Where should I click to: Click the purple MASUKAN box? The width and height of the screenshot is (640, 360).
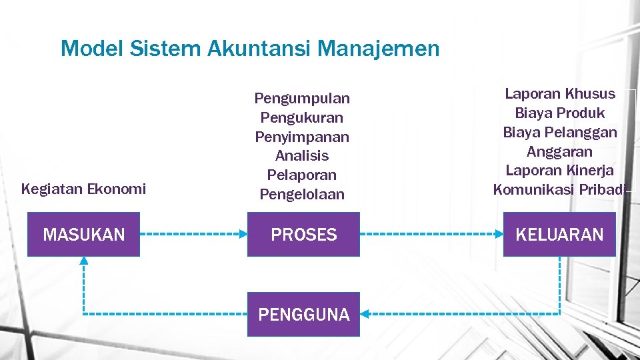[83, 235]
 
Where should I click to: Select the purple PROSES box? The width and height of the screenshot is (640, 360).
[303, 235]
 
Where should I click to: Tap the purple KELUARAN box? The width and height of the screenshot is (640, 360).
[559, 235]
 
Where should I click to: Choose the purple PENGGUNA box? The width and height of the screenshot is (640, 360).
[303, 314]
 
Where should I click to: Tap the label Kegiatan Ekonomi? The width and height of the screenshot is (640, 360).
[83, 189]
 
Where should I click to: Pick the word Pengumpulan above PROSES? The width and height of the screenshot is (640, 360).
[302, 99]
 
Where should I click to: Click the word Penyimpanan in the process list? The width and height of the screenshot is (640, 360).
[302, 137]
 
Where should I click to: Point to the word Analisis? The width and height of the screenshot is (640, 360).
[302, 156]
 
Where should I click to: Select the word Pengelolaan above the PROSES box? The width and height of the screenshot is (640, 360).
[302, 195]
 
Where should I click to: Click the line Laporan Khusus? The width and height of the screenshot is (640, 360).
[560, 93]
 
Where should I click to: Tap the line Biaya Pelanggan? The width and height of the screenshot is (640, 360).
[560, 132]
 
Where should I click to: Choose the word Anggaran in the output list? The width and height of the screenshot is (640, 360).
[560, 151]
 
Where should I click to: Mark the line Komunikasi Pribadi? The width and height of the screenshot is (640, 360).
[560, 190]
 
